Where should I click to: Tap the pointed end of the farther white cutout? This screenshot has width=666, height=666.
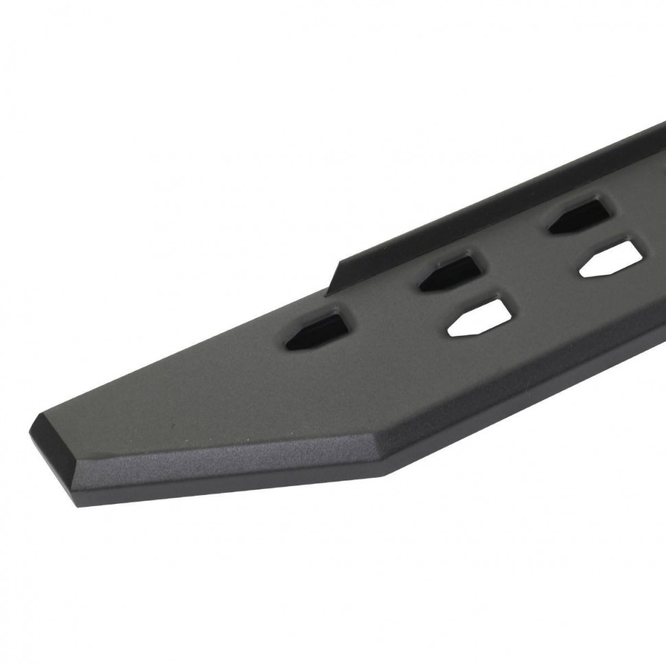click(x=582, y=271)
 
